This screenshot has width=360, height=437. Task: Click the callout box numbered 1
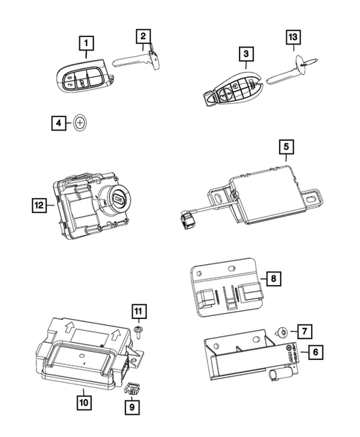pyautogui.click(x=88, y=43)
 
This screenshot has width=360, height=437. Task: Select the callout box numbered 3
pyautogui.click(x=243, y=54)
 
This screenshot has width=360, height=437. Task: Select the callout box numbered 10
pyautogui.click(x=83, y=403)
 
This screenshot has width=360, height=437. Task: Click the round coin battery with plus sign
pyautogui.click(x=82, y=122)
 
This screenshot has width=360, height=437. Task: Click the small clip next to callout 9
pyautogui.click(x=132, y=385)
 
